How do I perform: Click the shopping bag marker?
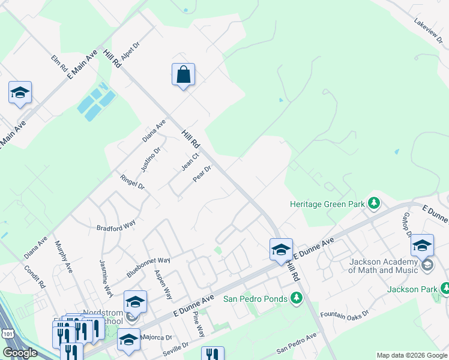click(x=184, y=76)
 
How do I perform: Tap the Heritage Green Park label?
click(x=327, y=204)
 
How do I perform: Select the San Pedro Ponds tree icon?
click(x=296, y=298)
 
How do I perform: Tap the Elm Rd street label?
click(x=59, y=65)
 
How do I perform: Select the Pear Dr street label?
click(x=202, y=173)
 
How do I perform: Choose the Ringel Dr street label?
click(x=133, y=182)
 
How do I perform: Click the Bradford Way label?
click(x=116, y=227)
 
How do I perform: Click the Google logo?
click(x=20, y=353)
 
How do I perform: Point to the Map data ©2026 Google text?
click(x=411, y=355)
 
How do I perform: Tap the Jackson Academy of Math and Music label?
click(x=383, y=266)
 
